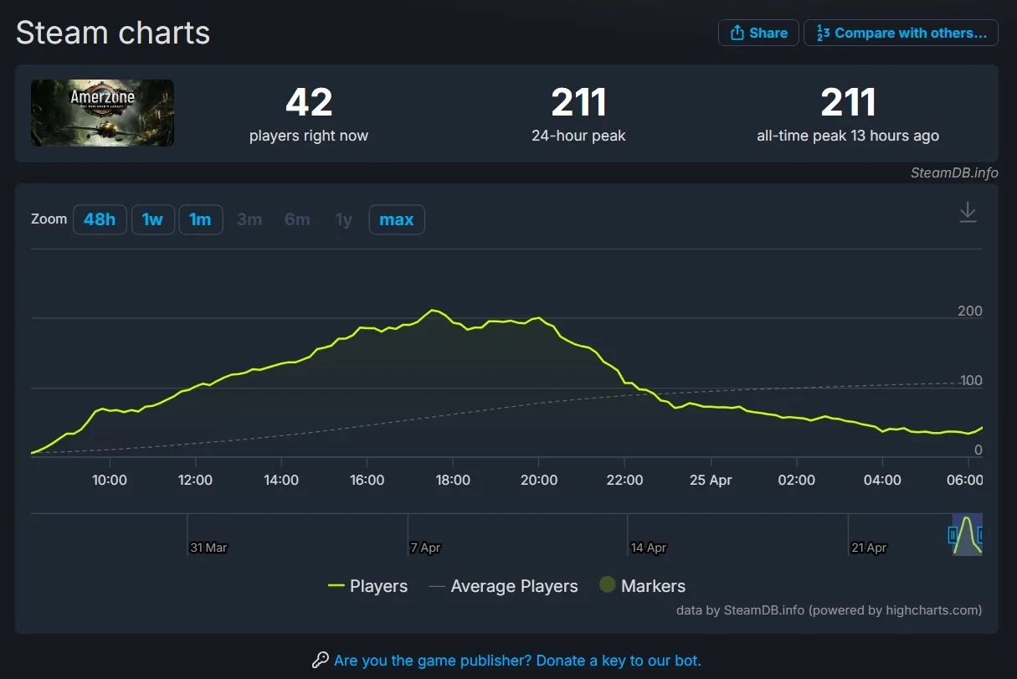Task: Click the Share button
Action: pos(758,33)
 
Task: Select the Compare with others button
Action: pos(901,33)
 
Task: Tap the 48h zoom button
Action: pos(100,219)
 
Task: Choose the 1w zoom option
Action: pos(152,219)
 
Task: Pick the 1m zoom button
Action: pos(200,219)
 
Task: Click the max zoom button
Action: pos(396,219)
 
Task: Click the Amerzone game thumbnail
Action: pos(102,113)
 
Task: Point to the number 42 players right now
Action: pos(309,103)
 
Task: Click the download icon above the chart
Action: pos(968,212)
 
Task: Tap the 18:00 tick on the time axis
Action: pos(453,480)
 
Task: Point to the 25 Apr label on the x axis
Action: pos(710,480)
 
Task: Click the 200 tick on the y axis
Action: pos(969,311)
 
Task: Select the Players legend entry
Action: pos(368,586)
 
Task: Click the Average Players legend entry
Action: pos(504,586)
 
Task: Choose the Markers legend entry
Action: pos(643,586)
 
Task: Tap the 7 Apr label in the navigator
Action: pos(425,548)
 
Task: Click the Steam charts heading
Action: pos(113,33)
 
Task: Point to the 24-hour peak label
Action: pos(578,136)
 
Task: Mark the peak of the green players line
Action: pos(432,310)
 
